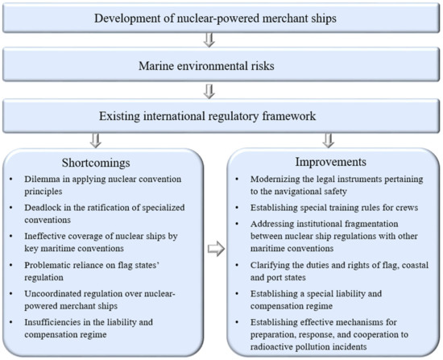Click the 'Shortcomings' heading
[96, 163]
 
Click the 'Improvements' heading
[331, 162]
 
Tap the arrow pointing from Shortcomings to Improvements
[216, 249]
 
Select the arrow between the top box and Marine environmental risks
[209, 40]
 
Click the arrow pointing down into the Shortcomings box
[96, 140]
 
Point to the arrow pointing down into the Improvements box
[329, 140]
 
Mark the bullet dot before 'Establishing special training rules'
[238, 208]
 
